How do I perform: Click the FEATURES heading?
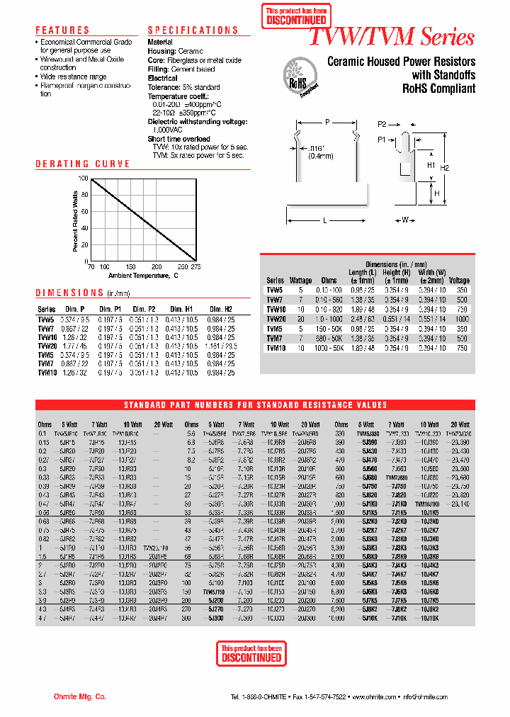pos(62,30)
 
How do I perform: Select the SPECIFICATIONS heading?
pos(193,30)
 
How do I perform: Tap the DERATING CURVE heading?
pos(83,164)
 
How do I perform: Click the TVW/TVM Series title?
pos(392,37)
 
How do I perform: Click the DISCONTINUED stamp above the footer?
pos(251,653)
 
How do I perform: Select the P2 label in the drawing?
pos(382,123)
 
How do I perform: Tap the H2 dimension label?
pos(464,168)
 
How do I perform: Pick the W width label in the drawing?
pos(405,220)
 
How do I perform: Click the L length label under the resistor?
pos(324,220)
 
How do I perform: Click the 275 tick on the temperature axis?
pos(195,267)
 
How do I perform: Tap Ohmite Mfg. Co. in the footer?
pos(79,697)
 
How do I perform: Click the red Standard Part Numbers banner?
pos(255,405)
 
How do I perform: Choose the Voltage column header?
pos(459,281)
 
